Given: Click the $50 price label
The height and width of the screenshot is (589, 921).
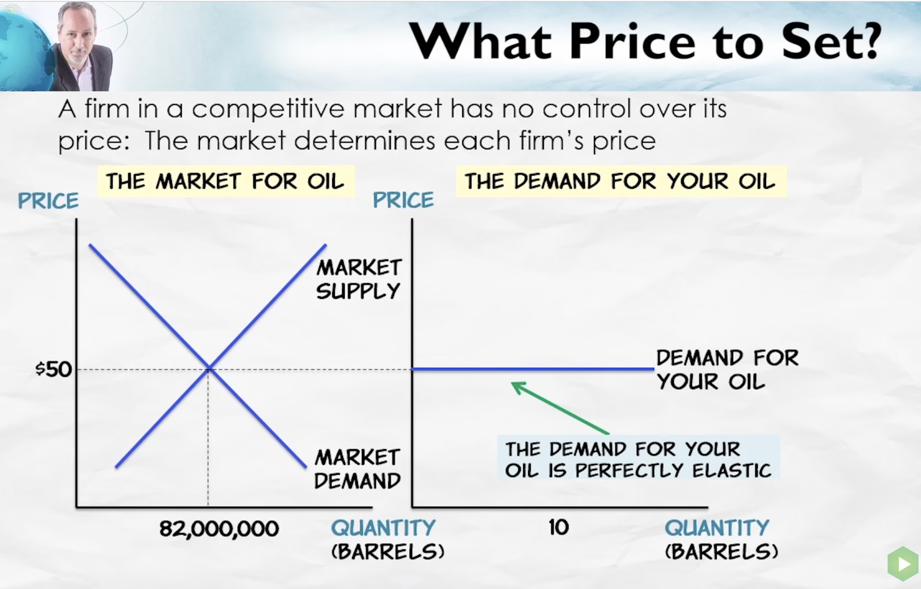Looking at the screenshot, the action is (54, 369).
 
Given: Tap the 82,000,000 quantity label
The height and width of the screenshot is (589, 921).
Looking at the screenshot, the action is (219, 528).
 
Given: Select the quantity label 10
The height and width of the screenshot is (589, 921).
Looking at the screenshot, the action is (559, 527).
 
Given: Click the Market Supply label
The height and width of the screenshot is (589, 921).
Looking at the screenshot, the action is (358, 279).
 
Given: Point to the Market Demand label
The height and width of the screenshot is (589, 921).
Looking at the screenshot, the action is (357, 469).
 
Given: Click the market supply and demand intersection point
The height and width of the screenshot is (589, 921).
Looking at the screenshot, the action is (209, 369).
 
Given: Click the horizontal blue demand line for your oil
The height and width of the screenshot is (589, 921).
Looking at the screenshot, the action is (533, 369).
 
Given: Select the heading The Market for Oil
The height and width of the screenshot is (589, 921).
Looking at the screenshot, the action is (226, 181).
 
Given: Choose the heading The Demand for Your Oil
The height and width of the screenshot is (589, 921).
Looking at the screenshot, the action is (621, 181).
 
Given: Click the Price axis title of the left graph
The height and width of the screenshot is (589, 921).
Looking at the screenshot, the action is (48, 201).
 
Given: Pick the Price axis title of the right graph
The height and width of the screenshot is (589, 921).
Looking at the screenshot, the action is (403, 200).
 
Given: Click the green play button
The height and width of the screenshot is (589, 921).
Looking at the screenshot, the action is (903, 563).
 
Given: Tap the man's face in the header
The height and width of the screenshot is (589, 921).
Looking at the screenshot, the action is (77, 36).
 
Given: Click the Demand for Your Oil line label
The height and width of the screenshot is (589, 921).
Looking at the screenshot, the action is (727, 370).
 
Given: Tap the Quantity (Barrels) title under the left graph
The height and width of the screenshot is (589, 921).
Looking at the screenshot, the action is (388, 539).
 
